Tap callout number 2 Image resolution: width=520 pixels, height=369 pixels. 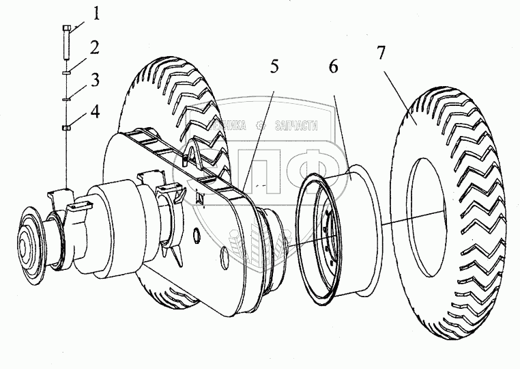[96, 48]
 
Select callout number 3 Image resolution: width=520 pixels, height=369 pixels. [96, 80]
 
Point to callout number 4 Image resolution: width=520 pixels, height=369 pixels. [96, 111]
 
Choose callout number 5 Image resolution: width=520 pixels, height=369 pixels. [274, 67]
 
